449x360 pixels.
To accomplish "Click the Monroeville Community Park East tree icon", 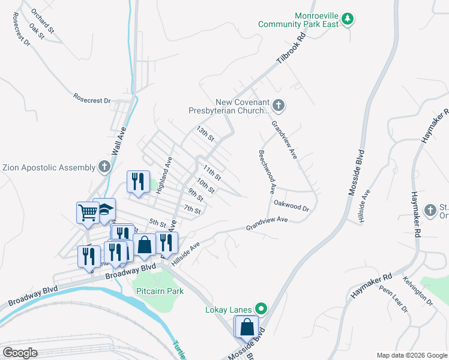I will click(x=348, y=19).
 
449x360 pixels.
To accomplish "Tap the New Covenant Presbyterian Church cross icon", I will click(x=277, y=106).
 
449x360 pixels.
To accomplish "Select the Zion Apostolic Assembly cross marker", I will click(x=104, y=167).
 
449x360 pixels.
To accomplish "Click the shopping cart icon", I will click(x=88, y=212).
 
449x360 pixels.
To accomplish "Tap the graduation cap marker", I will click(x=104, y=209).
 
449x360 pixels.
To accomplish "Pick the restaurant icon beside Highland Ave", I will click(x=138, y=181).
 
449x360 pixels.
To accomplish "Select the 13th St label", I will click(x=205, y=133).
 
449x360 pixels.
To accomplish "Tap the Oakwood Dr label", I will click(x=291, y=206).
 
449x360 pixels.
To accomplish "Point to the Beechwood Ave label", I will click(x=267, y=172).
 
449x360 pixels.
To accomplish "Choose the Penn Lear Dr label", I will click(x=393, y=302).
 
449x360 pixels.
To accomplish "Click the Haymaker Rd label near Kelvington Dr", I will click(x=372, y=286).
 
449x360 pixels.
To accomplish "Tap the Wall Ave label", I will click(x=121, y=145).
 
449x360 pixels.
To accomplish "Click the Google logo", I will click(x=20, y=353).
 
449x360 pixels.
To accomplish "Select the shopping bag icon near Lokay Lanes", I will click(x=247, y=327).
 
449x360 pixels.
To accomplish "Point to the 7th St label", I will click(x=192, y=209).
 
